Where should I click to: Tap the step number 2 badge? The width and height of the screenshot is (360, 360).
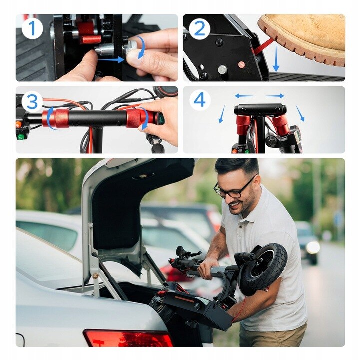(199, 29)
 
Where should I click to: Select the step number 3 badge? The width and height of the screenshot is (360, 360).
(32, 100)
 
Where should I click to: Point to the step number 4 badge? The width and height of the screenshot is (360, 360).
(199, 100)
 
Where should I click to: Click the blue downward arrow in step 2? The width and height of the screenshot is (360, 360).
(276, 58)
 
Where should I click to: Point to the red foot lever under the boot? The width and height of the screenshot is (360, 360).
(263, 46)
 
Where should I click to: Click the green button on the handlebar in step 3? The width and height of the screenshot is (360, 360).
(21, 138)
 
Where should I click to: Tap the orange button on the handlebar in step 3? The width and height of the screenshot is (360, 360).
(18, 124)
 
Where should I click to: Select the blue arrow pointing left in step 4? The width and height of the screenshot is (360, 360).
(244, 96)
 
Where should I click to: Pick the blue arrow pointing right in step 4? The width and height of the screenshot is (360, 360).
(275, 95)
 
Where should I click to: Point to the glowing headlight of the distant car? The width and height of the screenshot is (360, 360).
(313, 247)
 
